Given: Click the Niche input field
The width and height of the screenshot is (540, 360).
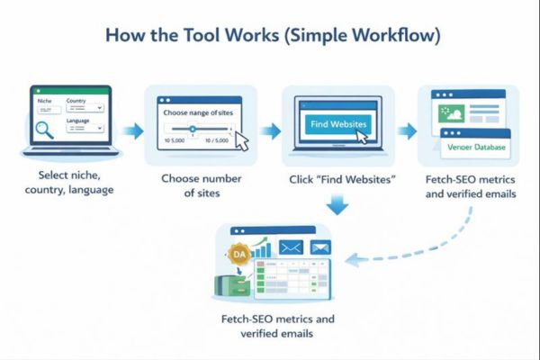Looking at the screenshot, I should (48, 112).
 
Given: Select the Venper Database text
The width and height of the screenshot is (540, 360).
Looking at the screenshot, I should (477, 147).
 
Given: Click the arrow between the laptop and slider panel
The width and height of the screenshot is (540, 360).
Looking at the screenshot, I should (131, 131).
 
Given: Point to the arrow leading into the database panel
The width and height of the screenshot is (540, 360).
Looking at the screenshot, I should (408, 131).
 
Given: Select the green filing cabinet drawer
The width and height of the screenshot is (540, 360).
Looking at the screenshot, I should (232, 285).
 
